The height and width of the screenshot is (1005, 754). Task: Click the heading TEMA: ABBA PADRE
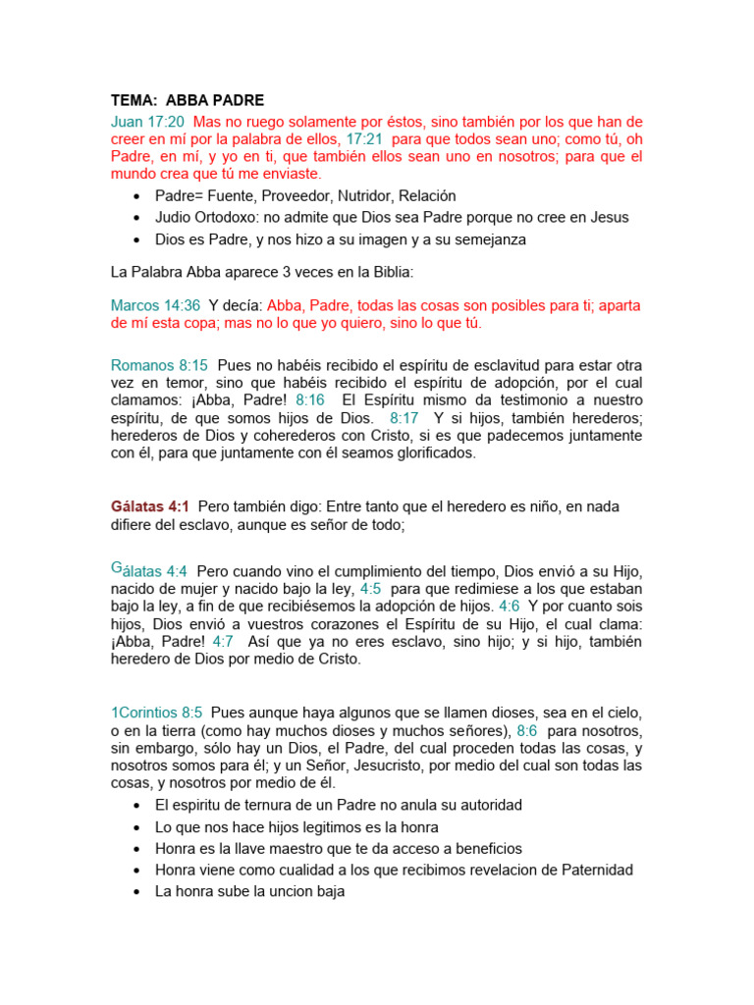pos(188,101)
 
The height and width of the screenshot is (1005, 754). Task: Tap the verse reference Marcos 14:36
pos(155,305)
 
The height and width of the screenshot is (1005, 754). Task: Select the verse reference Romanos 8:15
pos(159,365)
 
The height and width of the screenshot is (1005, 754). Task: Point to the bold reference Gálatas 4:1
pos(150,506)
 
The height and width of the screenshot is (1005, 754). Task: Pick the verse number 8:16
pos(309,400)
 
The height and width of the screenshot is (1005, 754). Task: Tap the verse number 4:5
pos(370,588)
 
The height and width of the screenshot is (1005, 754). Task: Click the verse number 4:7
pos(223,641)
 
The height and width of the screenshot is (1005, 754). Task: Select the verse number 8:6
pos(527,730)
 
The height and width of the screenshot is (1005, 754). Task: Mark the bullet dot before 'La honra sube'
pos(135,892)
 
